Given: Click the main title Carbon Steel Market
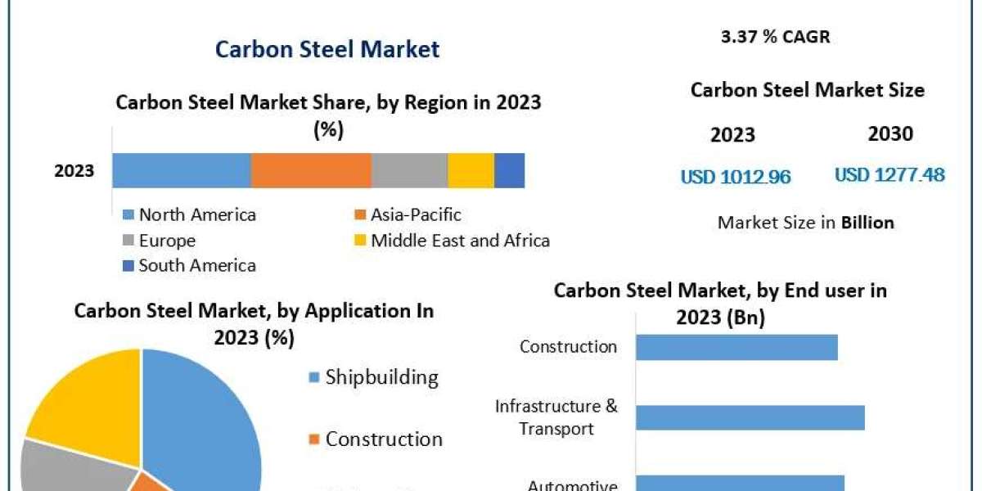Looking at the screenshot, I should [x=327, y=49].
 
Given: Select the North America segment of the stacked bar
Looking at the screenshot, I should [x=181, y=170].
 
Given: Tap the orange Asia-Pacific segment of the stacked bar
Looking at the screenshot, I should [x=311, y=170].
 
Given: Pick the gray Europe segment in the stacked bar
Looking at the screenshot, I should [x=409, y=170].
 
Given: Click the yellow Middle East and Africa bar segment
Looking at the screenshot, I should [x=471, y=170].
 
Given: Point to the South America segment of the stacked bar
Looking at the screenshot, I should [x=509, y=170].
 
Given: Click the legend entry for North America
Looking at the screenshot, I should [x=196, y=215].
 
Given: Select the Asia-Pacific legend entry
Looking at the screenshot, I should [x=415, y=215].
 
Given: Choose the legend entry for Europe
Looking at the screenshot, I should [x=166, y=241].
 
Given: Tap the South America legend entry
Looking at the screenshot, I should [x=196, y=265].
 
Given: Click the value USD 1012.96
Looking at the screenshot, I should [x=736, y=177].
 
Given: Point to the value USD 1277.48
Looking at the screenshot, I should [x=890, y=174].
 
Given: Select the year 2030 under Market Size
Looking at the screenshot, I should [x=890, y=134].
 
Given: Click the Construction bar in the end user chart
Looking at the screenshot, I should [x=736, y=347].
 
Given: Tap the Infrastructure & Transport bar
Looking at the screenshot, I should [x=750, y=417].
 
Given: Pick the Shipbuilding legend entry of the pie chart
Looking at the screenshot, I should [x=381, y=377].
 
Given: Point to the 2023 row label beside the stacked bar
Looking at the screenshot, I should [x=74, y=171].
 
